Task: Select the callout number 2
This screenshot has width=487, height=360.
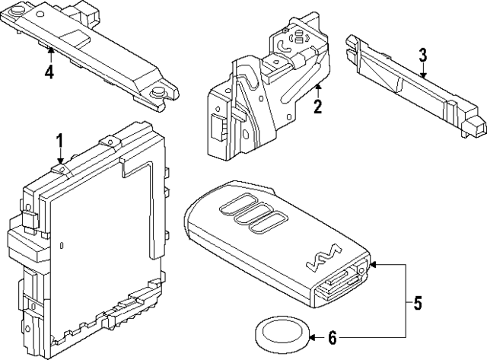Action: click(317, 107)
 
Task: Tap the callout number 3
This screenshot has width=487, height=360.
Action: click(423, 55)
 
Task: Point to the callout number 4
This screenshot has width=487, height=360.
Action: click(49, 73)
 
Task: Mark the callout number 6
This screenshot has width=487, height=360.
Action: click(331, 336)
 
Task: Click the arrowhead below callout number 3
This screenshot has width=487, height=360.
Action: click(423, 75)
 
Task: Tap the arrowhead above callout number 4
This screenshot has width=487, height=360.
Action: click(49, 52)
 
